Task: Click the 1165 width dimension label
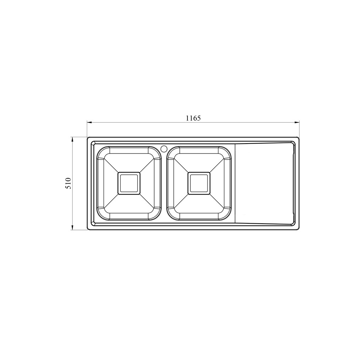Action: click(193, 118)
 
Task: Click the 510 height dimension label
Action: click(68, 183)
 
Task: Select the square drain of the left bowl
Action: click(129, 183)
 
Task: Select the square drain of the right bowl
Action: click(199, 183)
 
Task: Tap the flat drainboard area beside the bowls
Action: click(264, 183)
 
